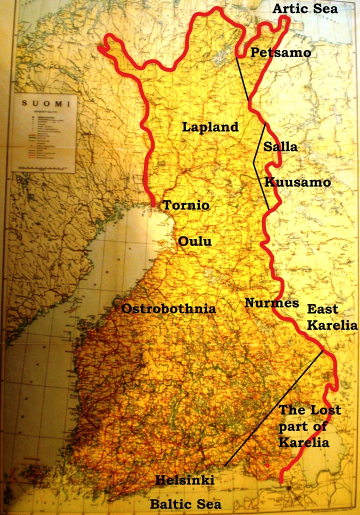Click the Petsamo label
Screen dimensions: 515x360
point(280,52)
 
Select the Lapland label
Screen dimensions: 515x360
point(210,127)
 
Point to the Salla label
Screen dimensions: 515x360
point(280,147)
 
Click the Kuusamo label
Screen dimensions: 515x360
point(297,182)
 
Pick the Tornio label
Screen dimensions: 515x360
point(185,205)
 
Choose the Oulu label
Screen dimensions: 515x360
point(195,241)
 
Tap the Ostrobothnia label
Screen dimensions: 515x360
point(169,309)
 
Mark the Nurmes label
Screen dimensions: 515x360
point(271,303)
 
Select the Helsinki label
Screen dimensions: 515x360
point(184,480)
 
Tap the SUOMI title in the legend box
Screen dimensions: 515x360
point(45,103)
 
